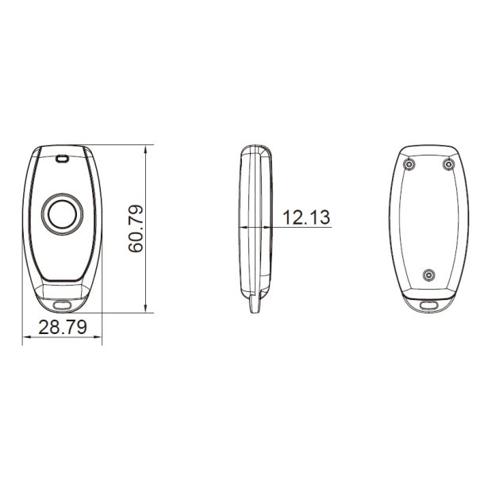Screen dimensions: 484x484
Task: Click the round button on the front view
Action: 62,214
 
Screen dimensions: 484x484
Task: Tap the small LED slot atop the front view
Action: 62,159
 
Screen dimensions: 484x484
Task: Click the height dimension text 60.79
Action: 136,230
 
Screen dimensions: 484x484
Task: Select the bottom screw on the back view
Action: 428,275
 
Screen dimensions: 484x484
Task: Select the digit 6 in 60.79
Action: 136,249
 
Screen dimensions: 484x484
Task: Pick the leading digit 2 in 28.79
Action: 43,326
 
